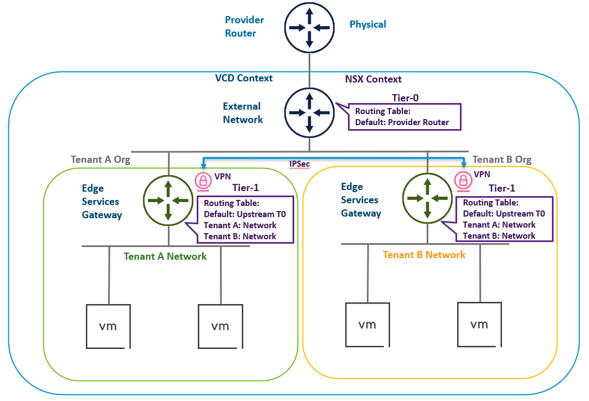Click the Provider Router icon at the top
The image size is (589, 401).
click(x=309, y=27)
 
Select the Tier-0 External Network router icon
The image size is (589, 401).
click(x=309, y=112)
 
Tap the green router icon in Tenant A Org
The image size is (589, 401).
click(x=168, y=200)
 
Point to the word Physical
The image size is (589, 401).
click(x=367, y=24)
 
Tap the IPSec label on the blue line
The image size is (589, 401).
click(x=300, y=164)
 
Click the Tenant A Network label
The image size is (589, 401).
click(x=165, y=256)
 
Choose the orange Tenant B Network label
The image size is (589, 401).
click(x=424, y=255)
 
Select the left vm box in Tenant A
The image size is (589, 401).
click(x=108, y=326)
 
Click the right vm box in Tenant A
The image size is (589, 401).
click(x=220, y=326)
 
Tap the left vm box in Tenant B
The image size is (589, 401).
click(x=366, y=325)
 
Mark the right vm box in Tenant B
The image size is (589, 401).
click(x=479, y=324)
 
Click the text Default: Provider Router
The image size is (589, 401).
click(x=402, y=122)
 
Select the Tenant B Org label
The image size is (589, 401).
click(x=501, y=160)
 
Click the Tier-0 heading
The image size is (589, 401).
click(x=406, y=98)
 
